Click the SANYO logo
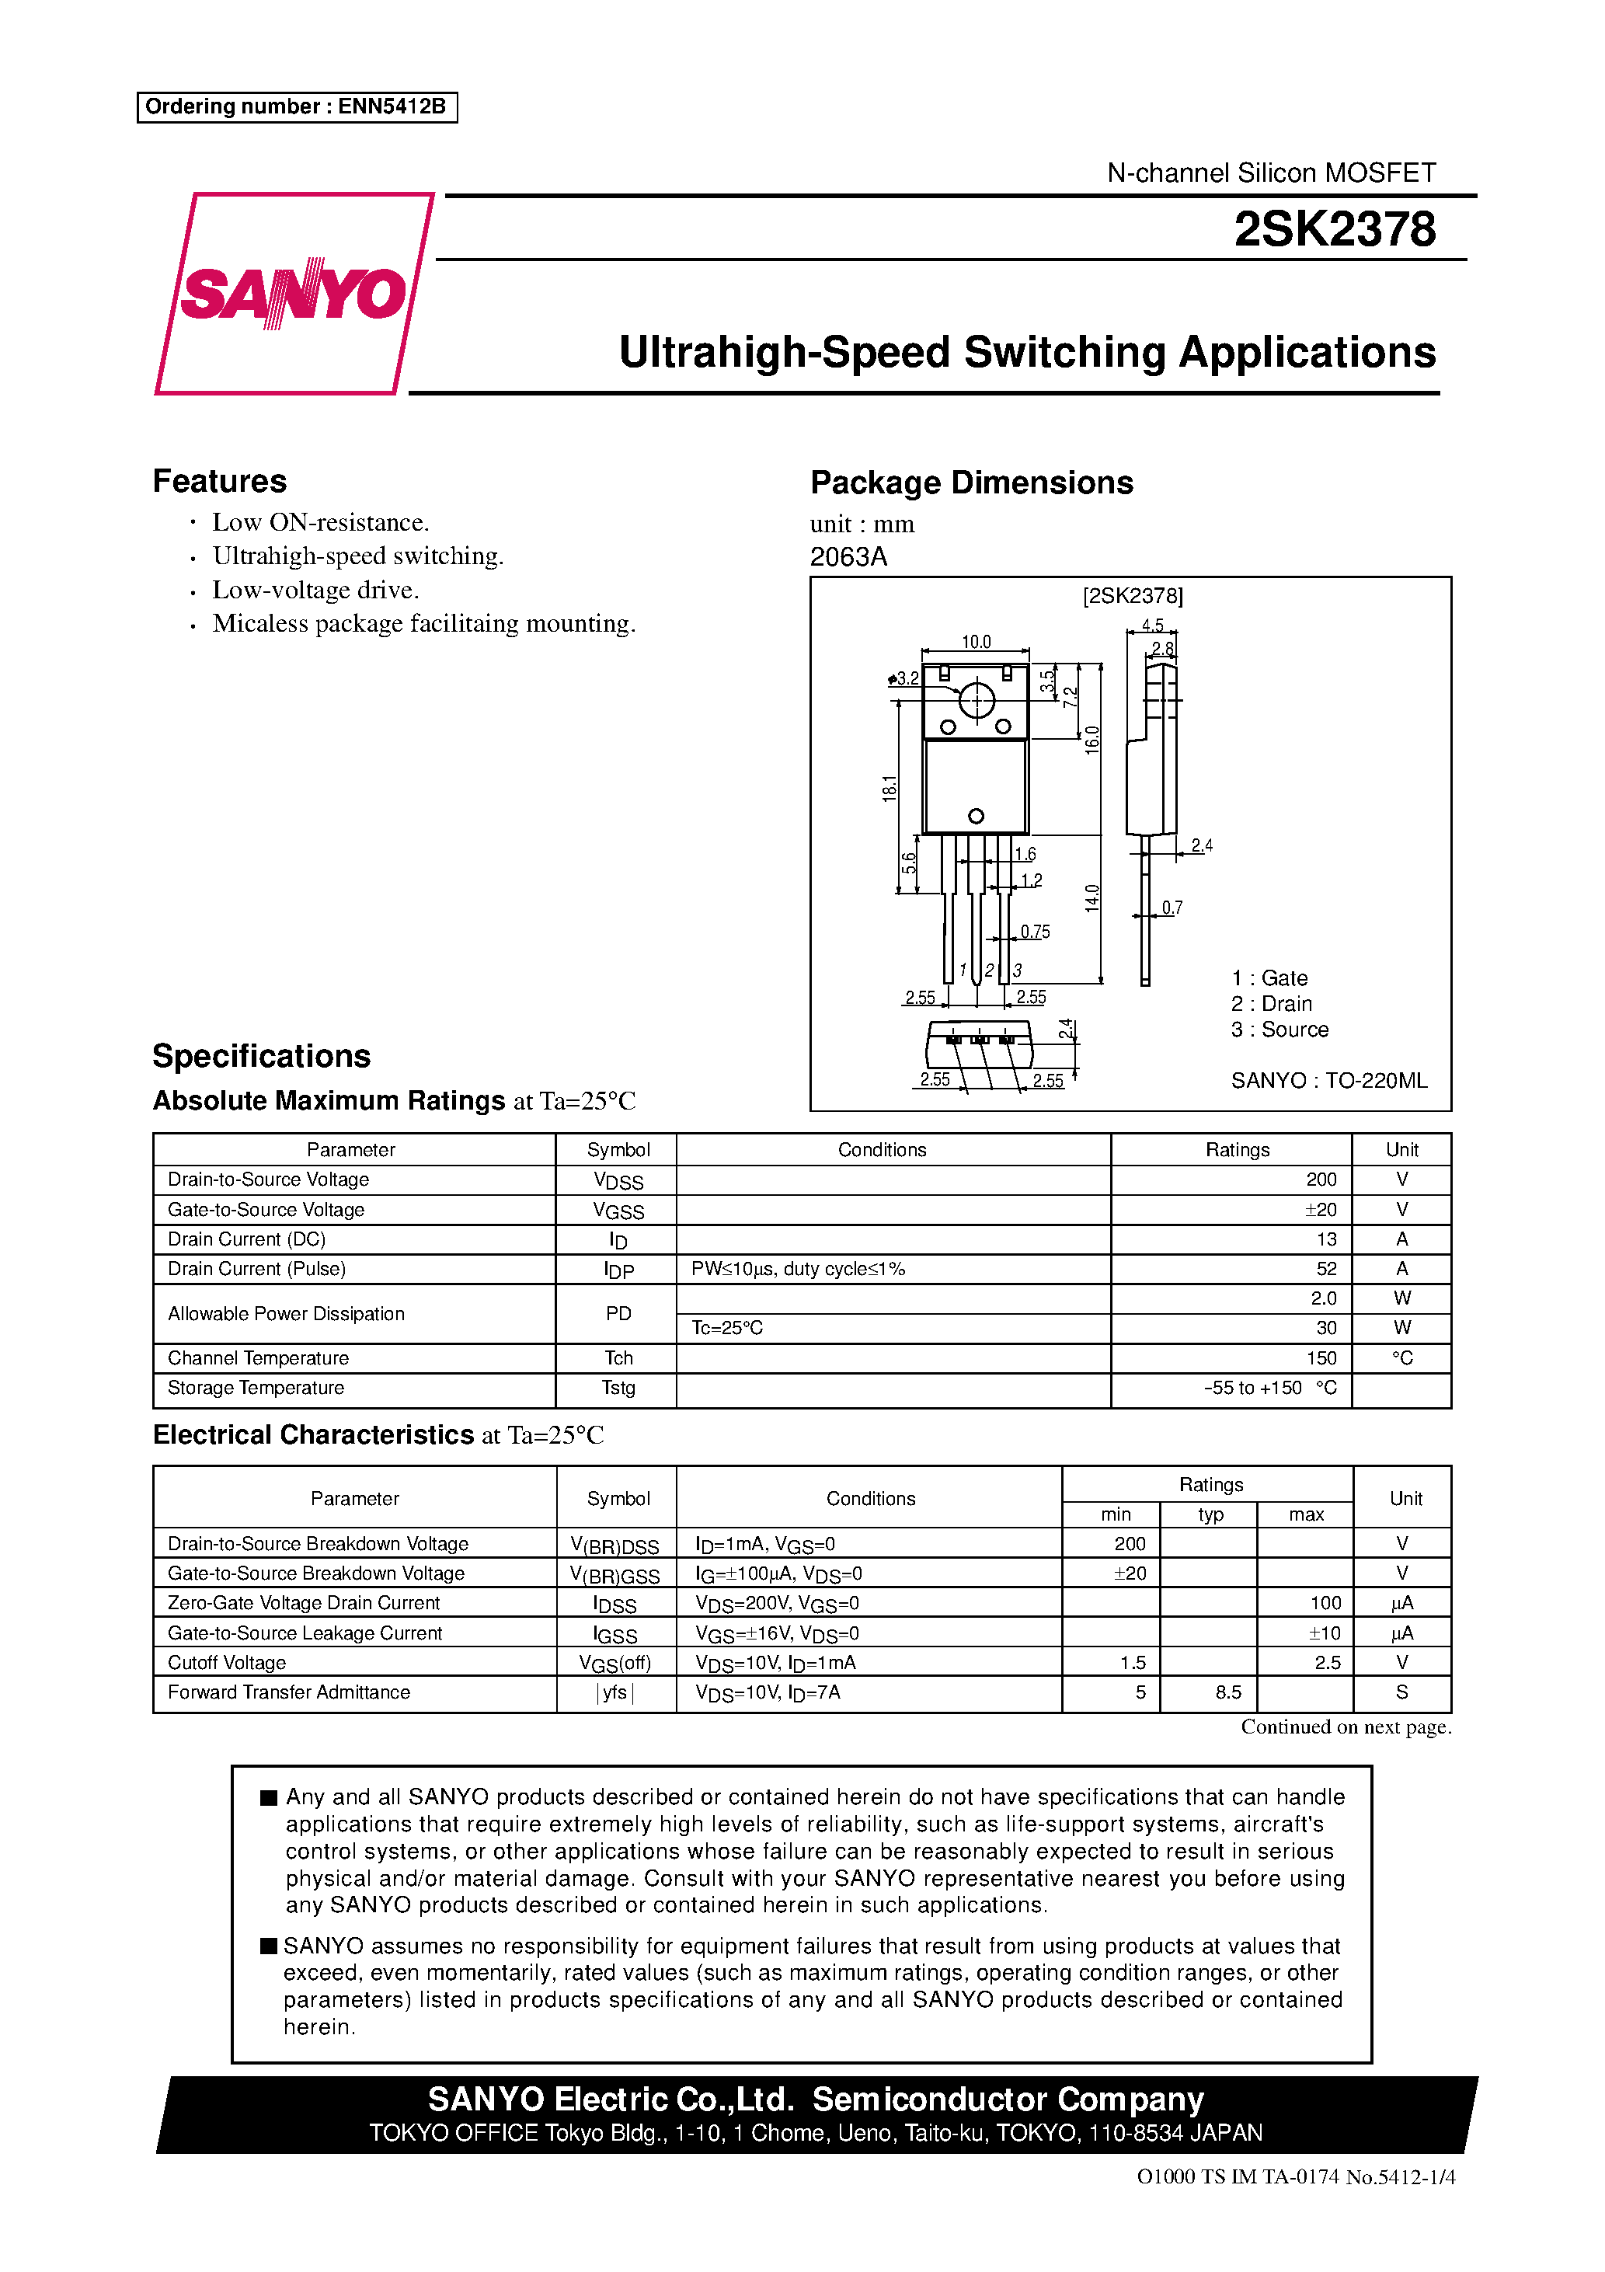point(294,293)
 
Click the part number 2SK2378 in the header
point(1334,229)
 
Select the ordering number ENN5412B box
point(297,107)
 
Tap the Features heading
point(220,481)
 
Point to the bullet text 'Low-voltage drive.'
point(315,590)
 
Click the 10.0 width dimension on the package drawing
point(976,641)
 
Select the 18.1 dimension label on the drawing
point(890,788)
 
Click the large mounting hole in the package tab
point(977,701)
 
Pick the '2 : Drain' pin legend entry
point(1272,1003)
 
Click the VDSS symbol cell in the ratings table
point(618,1180)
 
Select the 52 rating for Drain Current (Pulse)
point(1326,1269)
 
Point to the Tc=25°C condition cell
point(727,1328)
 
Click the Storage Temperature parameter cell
point(256,1387)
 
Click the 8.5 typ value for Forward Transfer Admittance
point(1228,1692)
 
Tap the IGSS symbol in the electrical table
point(615,1634)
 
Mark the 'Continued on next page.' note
point(1346,1727)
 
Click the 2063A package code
point(848,557)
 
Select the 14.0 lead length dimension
point(1091,897)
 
